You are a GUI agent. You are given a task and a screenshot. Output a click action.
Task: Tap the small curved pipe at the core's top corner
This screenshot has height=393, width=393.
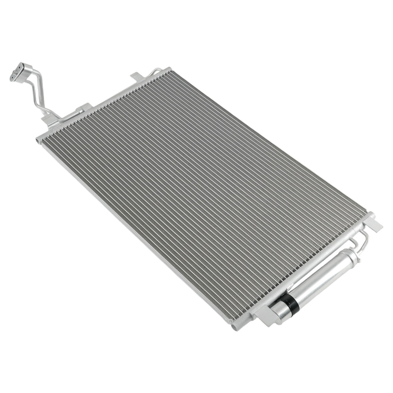pyautogui.click(x=156, y=71)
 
